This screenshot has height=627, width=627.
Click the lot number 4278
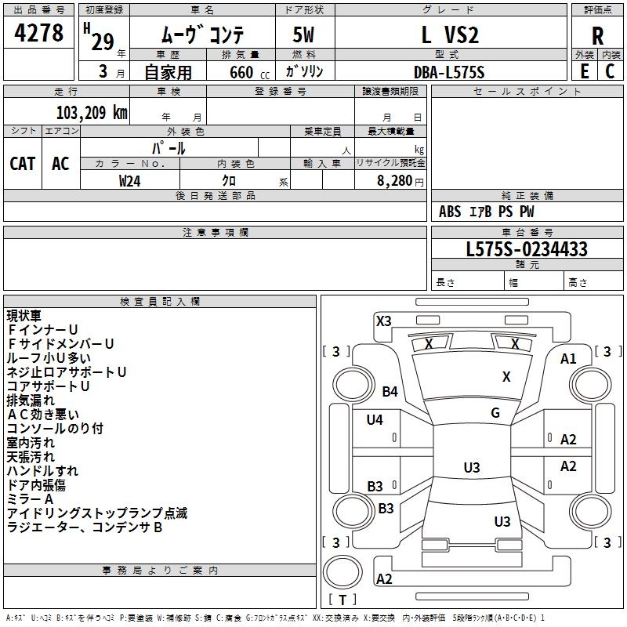39,34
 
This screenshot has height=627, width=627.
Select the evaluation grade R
597,35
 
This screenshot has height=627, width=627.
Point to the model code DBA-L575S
449,72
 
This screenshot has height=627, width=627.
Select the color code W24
130,180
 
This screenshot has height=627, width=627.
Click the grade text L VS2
449,34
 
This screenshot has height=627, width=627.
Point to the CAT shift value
22,164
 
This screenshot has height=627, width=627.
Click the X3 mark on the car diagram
384,321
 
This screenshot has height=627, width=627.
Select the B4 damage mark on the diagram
390,391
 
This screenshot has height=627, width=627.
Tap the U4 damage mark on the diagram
375,420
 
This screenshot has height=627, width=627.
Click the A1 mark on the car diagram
568,359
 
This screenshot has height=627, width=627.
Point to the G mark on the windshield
495,413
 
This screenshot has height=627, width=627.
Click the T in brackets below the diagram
342,600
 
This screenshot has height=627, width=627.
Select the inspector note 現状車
24,317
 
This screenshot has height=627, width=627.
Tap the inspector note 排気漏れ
31,400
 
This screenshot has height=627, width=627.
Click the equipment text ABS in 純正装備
450,212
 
